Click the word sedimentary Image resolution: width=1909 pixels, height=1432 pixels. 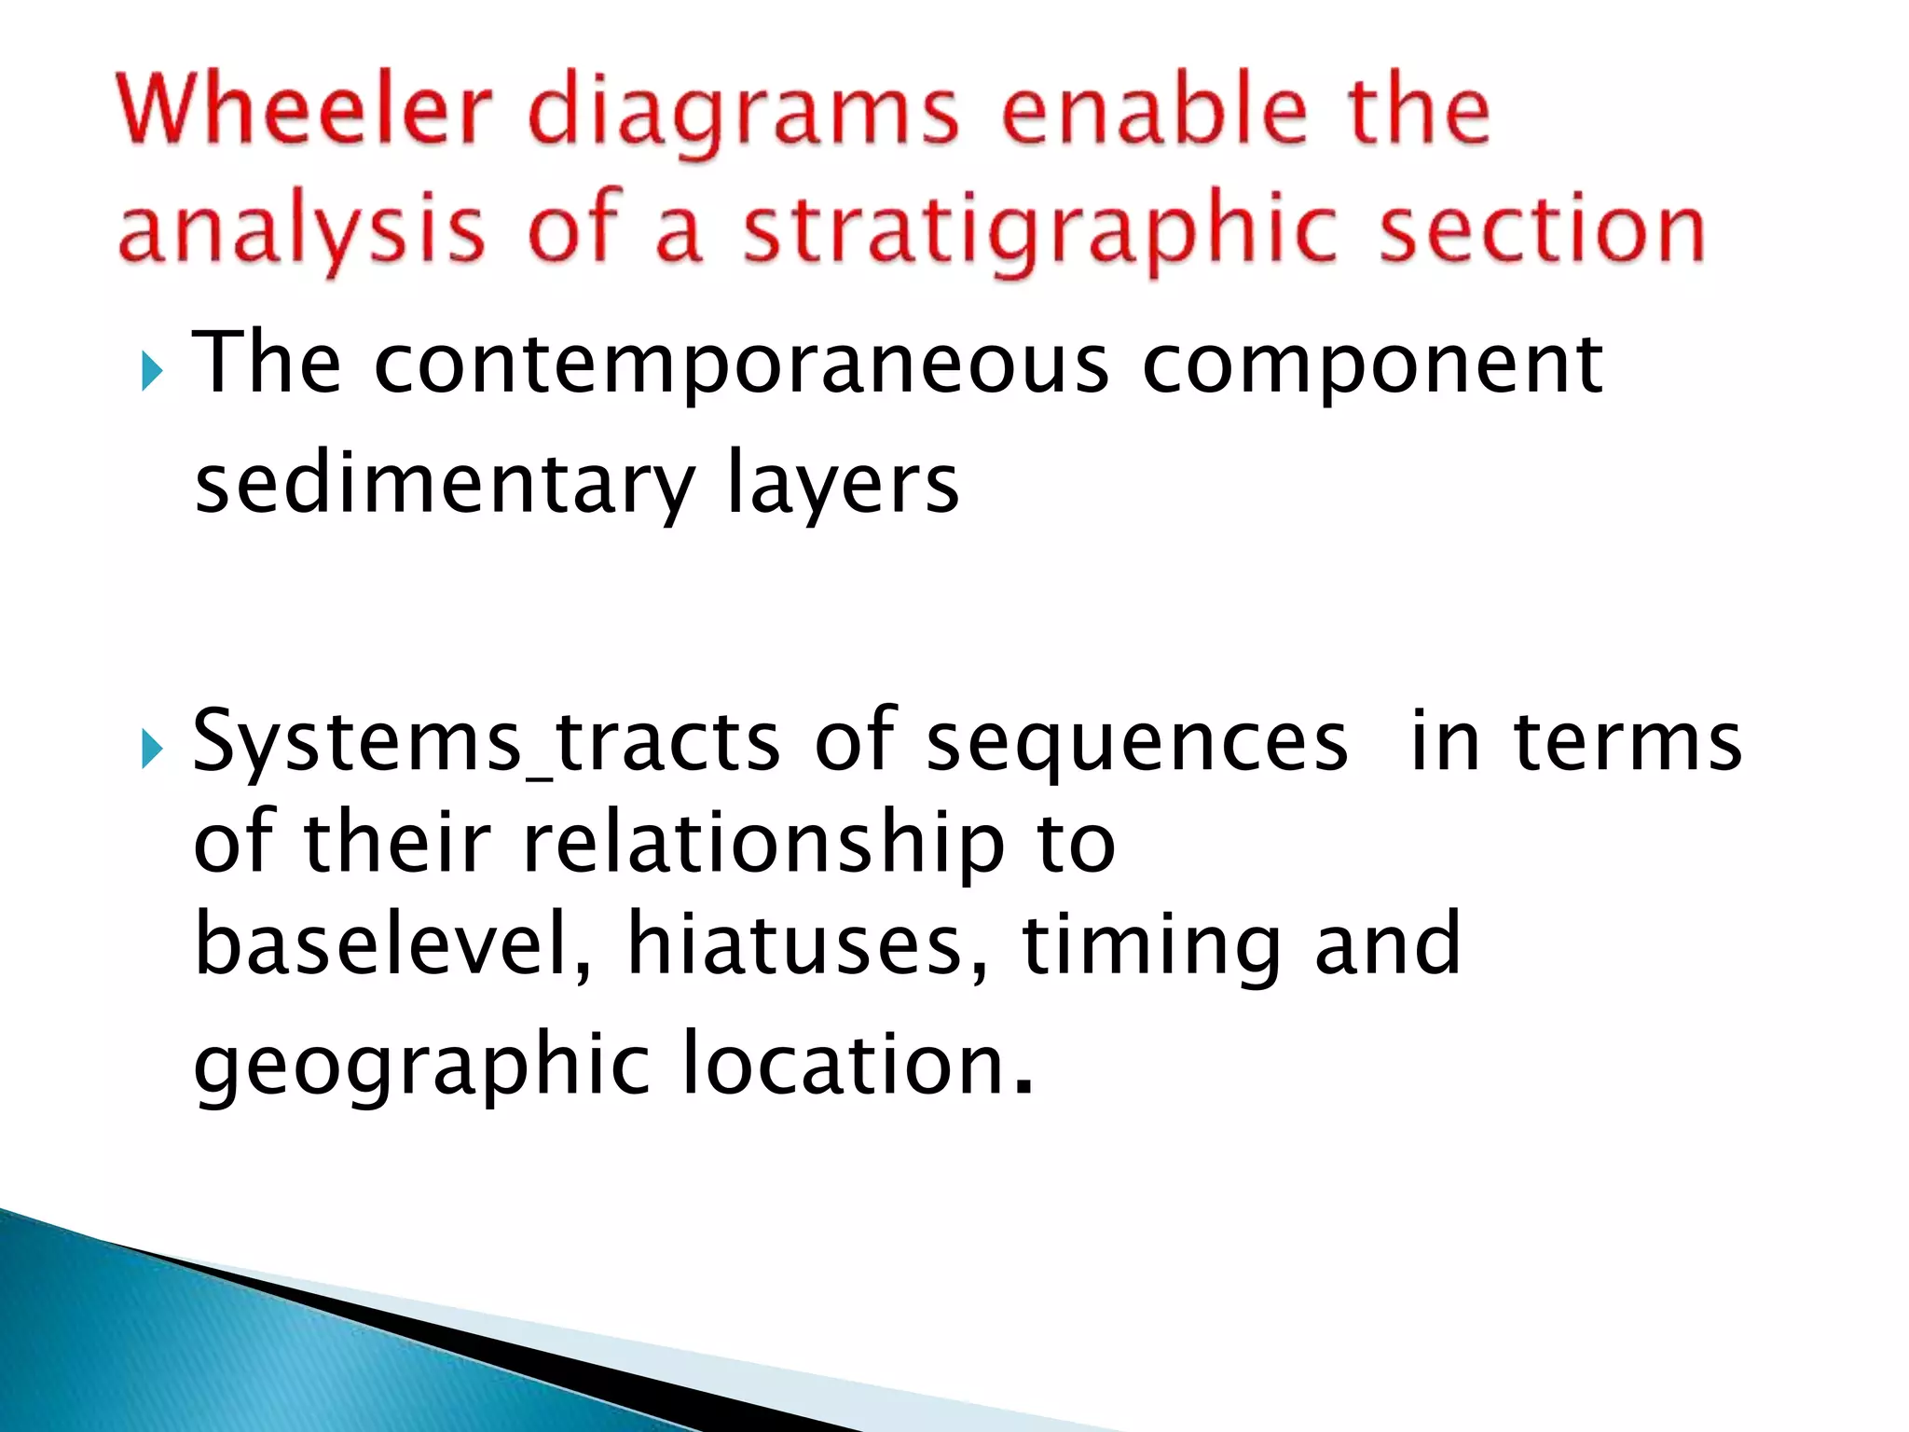pyautogui.click(x=445, y=485)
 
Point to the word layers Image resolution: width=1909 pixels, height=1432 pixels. pyautogui.click(x=842, y=485)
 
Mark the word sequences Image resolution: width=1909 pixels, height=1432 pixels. pyautogui.click(x=1137, y=744)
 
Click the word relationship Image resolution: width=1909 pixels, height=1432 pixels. pyautogui.click(x=763, y=844)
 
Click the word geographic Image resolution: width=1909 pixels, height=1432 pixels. pyautogui.click(x=421, y=1067)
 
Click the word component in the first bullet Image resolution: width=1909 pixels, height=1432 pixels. pyautogui.click(x=1372, y=365)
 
